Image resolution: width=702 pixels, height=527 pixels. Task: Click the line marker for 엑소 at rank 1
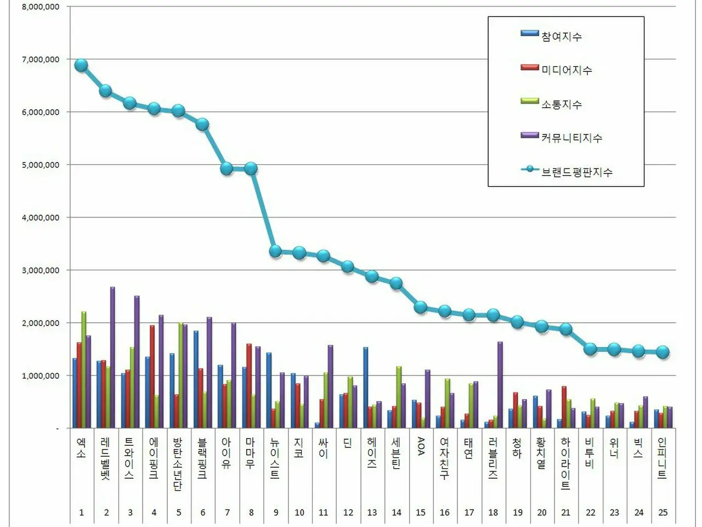coord(81,65)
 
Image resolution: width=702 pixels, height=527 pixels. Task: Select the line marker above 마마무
coord(251,169)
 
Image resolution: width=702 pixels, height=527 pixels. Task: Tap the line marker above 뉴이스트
coord(275,251)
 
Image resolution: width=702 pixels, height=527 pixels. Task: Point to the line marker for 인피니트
coord(663,352)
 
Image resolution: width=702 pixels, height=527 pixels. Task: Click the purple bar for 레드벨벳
coord(112,357)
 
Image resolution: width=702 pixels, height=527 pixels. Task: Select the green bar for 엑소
coord(84,369)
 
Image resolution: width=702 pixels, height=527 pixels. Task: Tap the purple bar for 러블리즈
coord(500,384)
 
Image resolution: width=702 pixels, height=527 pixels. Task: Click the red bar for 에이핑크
coord(152,376)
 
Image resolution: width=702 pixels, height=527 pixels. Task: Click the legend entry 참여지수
coord(561,36)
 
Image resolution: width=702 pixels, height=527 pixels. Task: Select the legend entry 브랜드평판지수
coord(576,172)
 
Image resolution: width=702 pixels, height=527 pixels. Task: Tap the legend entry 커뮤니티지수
coord(571,138)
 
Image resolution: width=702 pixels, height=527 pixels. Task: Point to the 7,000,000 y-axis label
coord(41,59)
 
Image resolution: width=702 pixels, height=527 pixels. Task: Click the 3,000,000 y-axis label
coord(41,270)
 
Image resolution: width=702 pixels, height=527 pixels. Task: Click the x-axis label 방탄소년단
coord(178,464)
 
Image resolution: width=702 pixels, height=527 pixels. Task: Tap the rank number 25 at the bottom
coord(663,512)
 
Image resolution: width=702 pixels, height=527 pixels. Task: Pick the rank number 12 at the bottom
coord(348,512)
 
